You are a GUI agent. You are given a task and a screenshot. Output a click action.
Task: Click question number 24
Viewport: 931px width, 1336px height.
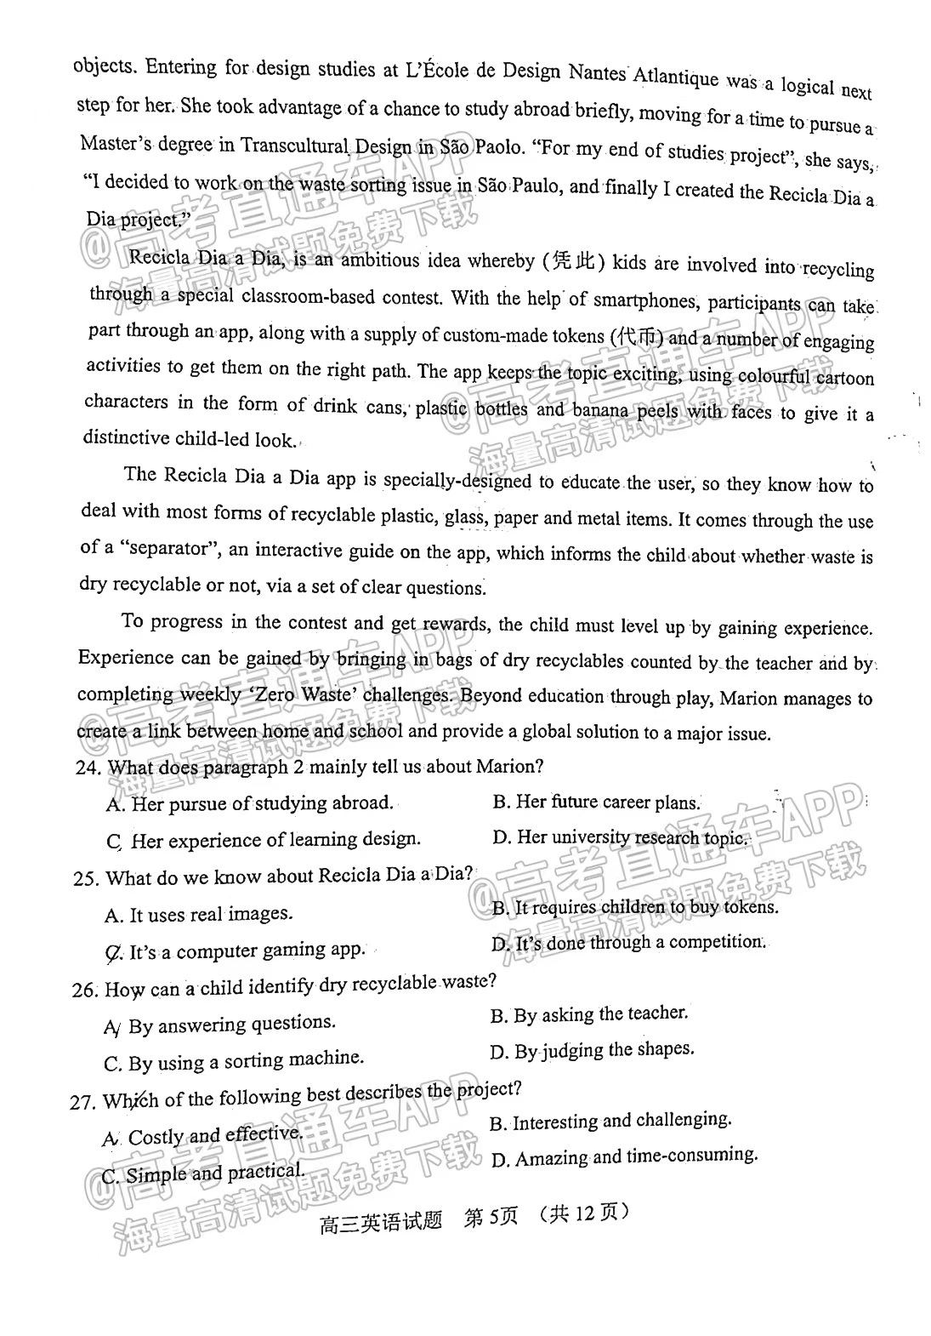[87, 768]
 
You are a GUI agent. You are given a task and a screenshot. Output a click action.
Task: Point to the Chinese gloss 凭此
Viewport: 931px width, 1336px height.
[573, 260]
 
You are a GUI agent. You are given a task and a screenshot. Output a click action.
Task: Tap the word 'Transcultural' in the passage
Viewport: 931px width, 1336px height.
[294, 145]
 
